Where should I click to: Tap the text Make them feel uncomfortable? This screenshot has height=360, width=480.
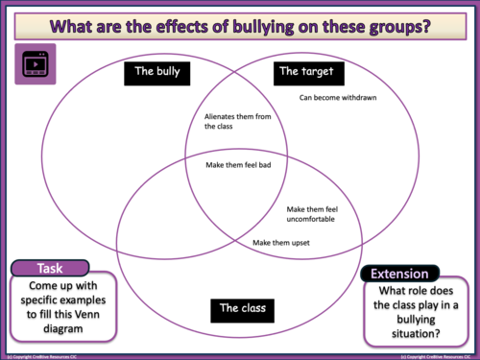click(313, 215)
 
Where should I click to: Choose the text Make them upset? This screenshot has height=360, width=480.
click(279, 242)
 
